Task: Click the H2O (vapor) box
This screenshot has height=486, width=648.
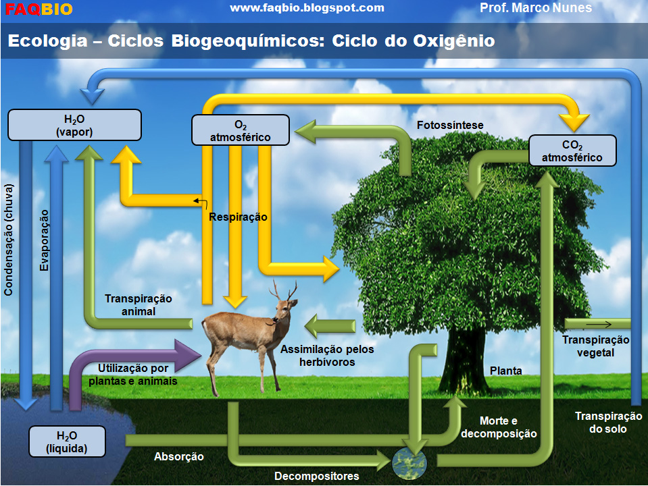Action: [x=74, y=125]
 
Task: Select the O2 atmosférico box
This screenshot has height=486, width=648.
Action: [x=241, y=131]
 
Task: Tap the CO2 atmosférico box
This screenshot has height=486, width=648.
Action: [x=572, y=151]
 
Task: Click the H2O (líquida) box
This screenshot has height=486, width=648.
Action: [x=67, y=441]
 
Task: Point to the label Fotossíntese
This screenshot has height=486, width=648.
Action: [x=450, y=126]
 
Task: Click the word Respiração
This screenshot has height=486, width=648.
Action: [x=238, y=217]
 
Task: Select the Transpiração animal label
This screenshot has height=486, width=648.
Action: [x=139, y=304]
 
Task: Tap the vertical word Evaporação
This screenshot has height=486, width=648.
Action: [x=45, y=240]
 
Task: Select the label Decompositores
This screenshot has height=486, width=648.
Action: [x=316, y=477]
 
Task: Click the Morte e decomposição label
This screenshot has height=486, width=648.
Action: [x=499, y=427]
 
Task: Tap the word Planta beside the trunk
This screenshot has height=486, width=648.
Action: [x=506, y=371]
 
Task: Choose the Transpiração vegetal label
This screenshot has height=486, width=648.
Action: [x=595, y=346]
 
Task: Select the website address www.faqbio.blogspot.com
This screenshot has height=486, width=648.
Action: [x=307, y=8]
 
